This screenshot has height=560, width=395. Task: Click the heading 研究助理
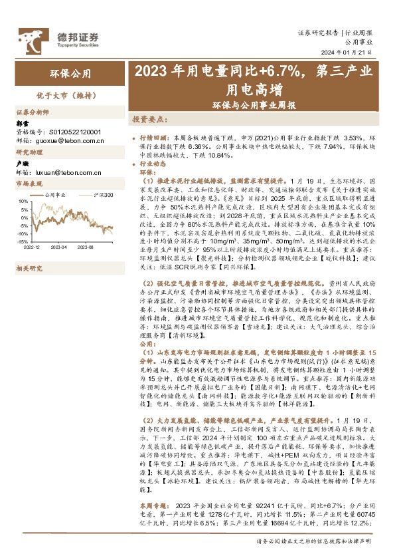[29, 153]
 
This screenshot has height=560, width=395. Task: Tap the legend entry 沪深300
[102, 195]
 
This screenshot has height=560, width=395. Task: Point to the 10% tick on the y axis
[24, 200]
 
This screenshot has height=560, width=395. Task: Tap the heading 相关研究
[29, 250]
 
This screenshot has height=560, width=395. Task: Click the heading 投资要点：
[145, 120]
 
